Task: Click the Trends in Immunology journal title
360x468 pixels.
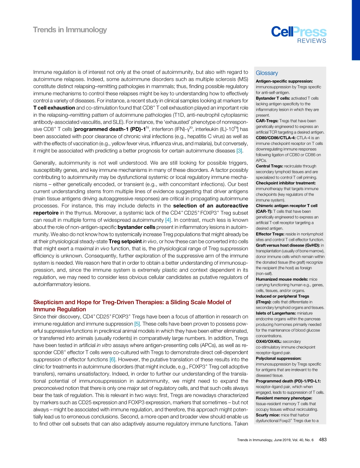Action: tap(70, 30)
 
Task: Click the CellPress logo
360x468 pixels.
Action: tap(299, 32)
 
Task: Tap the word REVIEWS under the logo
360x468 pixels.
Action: tap(311, 41)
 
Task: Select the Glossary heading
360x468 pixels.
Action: tap(267, 73)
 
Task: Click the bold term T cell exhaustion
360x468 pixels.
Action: tap(54, 108)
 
